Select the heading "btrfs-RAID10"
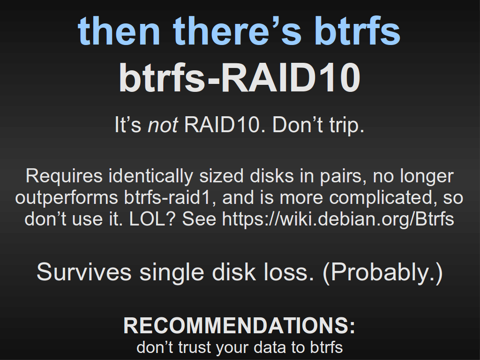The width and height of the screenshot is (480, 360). pyautogui.click(x=240, y=77)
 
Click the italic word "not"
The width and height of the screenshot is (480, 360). pyautogui.click(x=163, y=125)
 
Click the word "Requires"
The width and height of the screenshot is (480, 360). pyautogui.click(x=64, y=177)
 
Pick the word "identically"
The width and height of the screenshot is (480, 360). pyautogui.click(x=151, y=177)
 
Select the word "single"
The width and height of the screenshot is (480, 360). pyautogui.click(x=172, y=272)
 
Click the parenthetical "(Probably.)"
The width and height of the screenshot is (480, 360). pyautogui.click(x=382, y=272)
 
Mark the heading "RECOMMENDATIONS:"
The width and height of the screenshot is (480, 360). pyautogui.click(x=240, y=325)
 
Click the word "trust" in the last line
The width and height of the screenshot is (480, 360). pyautogui.click(x=195, y=347)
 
